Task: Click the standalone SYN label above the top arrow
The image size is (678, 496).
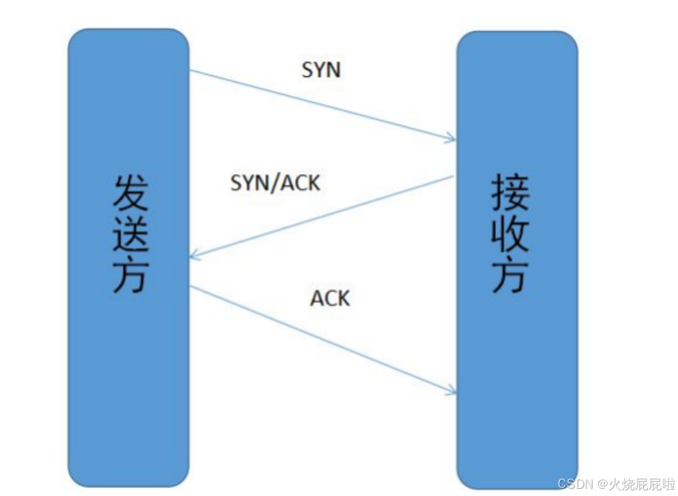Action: point(320,70)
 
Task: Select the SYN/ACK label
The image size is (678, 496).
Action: point(275,184)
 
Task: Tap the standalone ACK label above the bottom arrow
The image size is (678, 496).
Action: point(330,298)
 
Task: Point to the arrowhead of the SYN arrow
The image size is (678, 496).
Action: point(452,140)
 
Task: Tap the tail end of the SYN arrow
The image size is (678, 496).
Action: point(191,71)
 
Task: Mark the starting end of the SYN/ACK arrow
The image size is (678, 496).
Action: point(453,176)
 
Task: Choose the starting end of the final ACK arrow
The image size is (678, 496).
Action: point(191,287)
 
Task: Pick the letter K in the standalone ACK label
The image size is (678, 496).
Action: point(343,298)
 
